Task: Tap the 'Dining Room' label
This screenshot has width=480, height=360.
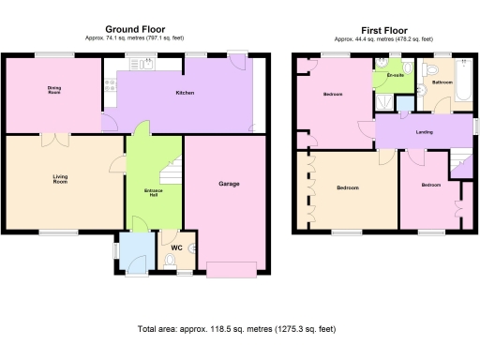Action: (54, 91)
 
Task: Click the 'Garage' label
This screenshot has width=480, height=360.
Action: (229, 184)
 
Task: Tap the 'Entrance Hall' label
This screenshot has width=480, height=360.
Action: (154, 192)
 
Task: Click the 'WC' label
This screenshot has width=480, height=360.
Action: (174, 248)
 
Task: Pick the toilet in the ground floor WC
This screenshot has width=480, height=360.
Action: (191, 248)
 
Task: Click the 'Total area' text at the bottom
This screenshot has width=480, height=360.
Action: (236, 330)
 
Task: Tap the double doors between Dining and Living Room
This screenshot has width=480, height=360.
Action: (54, 141)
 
